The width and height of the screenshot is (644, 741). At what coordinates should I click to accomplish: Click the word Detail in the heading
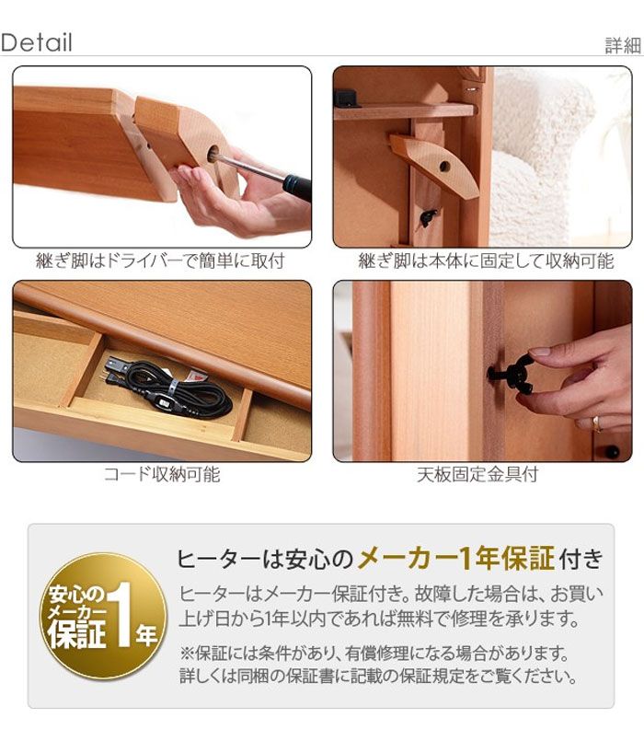tap(37, 42)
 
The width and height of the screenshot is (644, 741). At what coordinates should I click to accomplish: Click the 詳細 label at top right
tap(623, 46)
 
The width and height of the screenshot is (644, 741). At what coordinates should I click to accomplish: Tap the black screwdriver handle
tap(298, 186)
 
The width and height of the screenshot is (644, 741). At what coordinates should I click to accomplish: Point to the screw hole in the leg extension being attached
tap(213, 154)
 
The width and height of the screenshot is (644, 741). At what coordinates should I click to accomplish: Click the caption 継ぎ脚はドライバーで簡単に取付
tap(161, 261)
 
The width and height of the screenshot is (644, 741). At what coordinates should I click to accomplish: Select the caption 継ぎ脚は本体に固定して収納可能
tap(486, 261)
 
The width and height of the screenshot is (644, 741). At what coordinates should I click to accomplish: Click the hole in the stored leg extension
tap(444, 167)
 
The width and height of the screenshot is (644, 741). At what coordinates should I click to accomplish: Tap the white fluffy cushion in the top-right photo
tap(544, 156)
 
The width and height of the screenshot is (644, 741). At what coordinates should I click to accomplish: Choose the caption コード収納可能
tap(162, 474)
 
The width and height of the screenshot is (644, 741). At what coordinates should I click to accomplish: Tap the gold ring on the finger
tap(597, 423)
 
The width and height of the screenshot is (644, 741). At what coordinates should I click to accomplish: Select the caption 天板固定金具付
tap(477, 474)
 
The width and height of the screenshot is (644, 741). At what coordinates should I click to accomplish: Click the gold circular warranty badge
tap(104, 617)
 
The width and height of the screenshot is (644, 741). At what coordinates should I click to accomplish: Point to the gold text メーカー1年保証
tap(456, 559)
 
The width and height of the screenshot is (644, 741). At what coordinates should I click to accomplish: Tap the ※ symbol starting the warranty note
tap(187, 654)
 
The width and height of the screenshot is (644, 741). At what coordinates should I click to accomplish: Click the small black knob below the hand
tap(613, 451)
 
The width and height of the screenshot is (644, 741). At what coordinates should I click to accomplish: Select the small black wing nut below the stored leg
tap(428, 218)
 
